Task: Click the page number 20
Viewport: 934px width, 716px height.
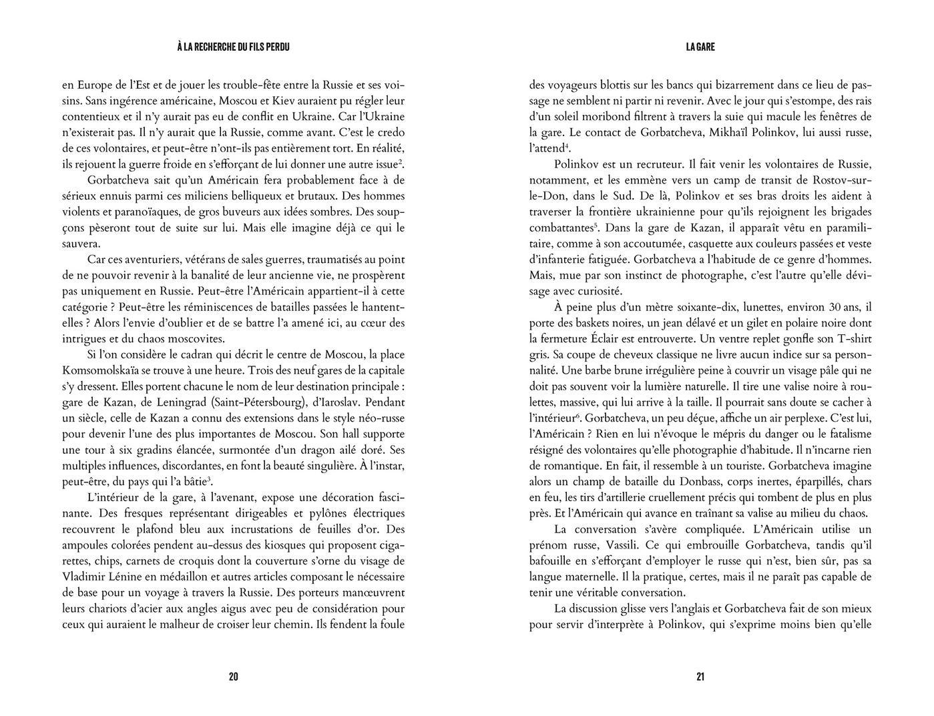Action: coord(233,677)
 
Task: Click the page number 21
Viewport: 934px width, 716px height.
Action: coord(700,677)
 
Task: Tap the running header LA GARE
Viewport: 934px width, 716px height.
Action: coord(700,47)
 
